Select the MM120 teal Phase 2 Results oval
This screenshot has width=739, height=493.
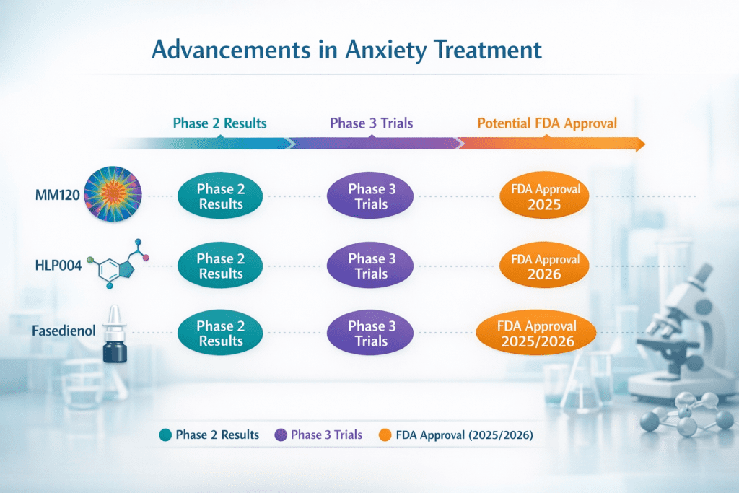point(220,196)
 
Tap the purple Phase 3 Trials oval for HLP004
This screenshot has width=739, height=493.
point(371,266)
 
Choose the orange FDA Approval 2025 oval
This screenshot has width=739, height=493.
point(545,196)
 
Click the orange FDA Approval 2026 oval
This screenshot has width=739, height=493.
point(545,266)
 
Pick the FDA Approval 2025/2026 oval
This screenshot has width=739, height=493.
point(536,333)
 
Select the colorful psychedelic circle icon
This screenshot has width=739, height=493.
point(113,193)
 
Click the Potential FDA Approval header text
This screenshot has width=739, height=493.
point(547,123)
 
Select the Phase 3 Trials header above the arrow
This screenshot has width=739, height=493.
point(371,123)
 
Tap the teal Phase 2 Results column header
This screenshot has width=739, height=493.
point(219,123)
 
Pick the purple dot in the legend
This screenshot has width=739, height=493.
point(281,435)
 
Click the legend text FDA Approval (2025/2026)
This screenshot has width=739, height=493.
point(468,435)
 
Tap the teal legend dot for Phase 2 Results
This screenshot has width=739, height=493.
point(165,435)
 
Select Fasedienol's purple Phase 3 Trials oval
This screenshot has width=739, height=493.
point(371,333)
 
